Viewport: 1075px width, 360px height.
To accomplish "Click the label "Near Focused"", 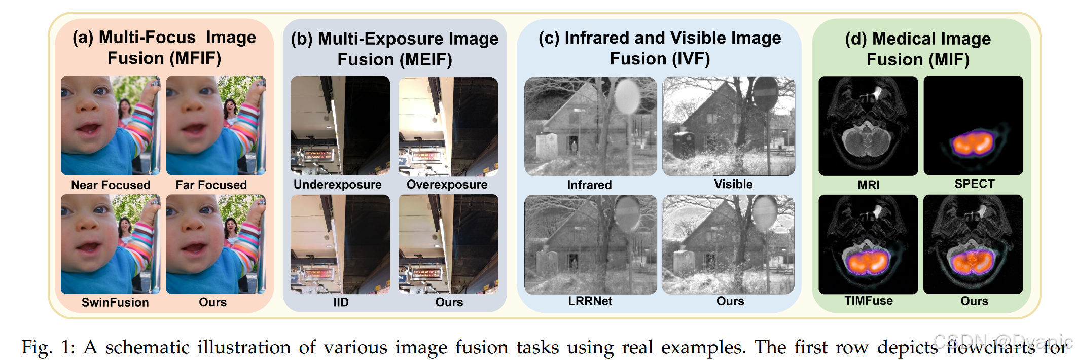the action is point(111,185).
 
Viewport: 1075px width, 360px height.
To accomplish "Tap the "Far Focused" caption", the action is point(211,185).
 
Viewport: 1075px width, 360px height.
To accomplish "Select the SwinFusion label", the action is point(115,303).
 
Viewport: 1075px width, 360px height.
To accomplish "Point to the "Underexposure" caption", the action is point(337,185).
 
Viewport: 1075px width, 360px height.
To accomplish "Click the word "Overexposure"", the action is point(447,185).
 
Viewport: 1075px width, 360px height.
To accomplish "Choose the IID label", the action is point(341,303).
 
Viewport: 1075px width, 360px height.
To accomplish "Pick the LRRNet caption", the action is point(590,301).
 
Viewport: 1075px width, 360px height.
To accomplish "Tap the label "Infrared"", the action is point(589,185).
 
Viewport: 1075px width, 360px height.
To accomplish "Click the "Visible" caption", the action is point(733,185).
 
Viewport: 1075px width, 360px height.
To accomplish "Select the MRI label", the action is point(868,185).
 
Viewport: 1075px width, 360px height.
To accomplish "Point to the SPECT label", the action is point(974,184).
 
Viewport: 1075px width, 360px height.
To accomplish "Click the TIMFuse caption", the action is point(868,301).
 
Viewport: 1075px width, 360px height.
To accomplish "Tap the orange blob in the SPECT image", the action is point(972,143).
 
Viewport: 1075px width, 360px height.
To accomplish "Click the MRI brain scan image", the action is point(868,126).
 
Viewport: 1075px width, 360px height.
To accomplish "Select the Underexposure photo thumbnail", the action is point(340,126).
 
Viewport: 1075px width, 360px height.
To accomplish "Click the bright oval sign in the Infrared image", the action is point(627,96).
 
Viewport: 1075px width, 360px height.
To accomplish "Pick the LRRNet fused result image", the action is point(590,244).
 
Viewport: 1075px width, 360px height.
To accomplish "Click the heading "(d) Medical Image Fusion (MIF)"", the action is point(918,49).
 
